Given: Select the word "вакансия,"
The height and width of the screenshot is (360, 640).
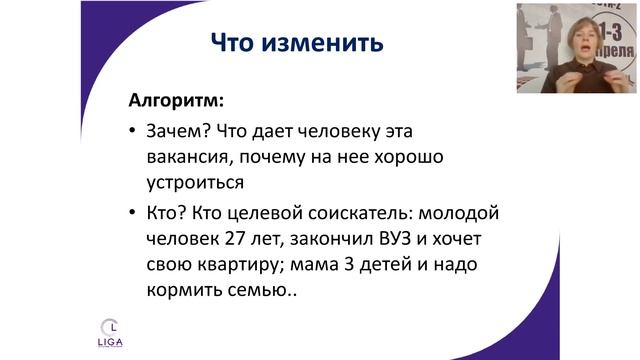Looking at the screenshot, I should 188,158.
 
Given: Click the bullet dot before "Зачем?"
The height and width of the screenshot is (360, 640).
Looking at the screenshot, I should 133,133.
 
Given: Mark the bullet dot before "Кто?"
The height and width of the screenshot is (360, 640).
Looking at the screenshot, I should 133,217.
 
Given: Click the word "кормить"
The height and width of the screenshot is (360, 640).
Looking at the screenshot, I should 188,294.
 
